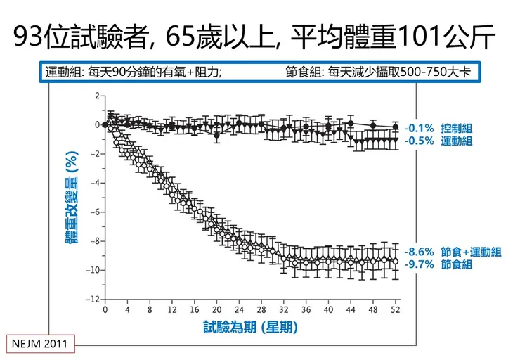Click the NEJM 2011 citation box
point(40,345)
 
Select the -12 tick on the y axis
point(93,300)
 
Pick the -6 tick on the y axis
point(95,212)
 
